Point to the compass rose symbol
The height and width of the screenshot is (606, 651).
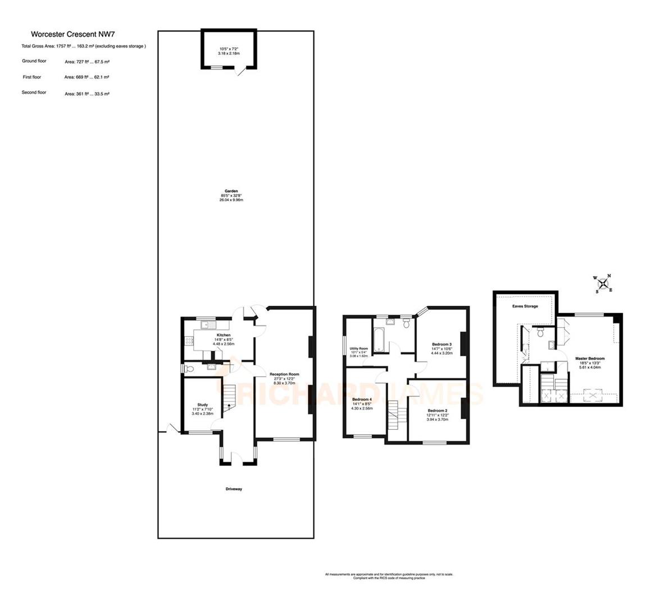(603, 284)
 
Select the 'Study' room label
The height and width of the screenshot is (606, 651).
(202, 405)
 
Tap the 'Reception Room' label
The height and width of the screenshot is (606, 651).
(284, 374)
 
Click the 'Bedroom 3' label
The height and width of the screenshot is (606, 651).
(441, 344)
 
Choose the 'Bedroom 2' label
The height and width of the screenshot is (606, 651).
(438, 411)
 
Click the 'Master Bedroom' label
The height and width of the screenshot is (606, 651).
(590, 359)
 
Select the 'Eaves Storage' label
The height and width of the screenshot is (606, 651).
(525, 306)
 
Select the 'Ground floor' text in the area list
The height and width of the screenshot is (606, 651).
(34, 61)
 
